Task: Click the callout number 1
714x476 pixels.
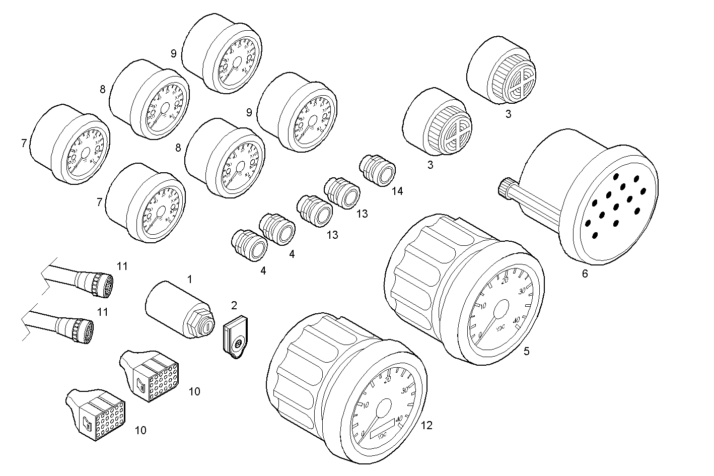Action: [x=189, y=278]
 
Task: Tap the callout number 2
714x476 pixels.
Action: [x=234, y=305]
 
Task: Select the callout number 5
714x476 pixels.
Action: [x=527, y=351]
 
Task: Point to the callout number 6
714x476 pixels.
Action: [x=585, y=274]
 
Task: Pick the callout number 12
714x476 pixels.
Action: [x=426, y=426]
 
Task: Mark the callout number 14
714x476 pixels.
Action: [x=398, y=191]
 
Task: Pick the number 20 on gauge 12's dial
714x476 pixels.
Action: [x=387, y=380]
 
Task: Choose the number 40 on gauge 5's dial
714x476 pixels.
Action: [x=516, y=320]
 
